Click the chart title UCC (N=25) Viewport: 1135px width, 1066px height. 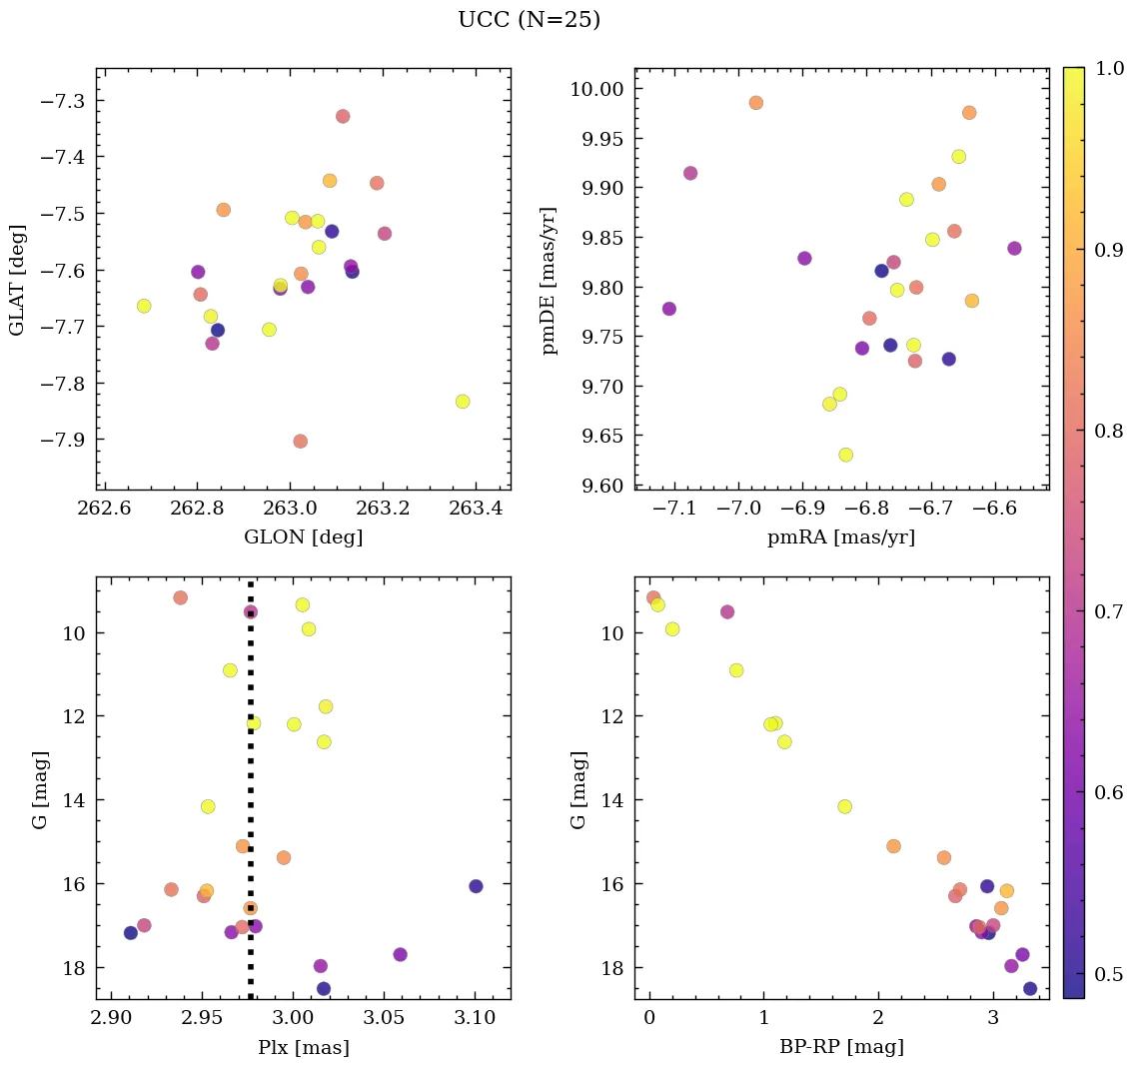529,20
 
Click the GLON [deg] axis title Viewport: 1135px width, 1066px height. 303,537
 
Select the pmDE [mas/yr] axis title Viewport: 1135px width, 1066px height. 549,281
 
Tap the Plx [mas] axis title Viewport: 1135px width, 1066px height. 303,1047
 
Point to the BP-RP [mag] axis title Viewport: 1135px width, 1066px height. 841,1047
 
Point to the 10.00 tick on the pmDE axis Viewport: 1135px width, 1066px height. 596,89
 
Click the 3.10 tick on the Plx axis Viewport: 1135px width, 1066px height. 475,1018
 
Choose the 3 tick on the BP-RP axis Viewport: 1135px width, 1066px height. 993,1018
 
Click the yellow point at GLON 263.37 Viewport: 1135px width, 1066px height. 462,402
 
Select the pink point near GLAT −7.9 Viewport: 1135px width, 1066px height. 300,442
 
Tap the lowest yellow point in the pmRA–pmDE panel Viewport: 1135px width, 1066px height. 845,455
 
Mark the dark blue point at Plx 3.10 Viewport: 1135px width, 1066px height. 476,886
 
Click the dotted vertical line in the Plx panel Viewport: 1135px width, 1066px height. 251,759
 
